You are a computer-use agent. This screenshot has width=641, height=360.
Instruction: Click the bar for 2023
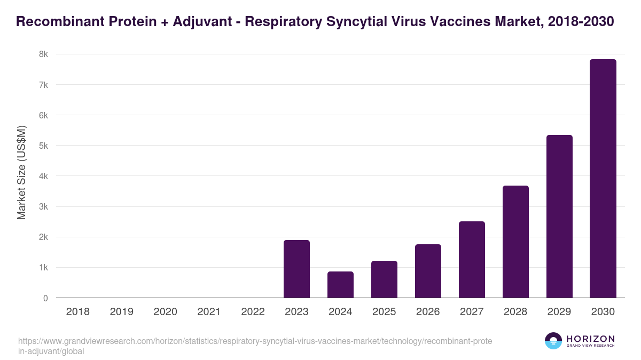pos(296,269)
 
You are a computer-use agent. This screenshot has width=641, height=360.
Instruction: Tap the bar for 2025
pos(384,279)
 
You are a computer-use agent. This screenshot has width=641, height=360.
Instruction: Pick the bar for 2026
pos(428,271)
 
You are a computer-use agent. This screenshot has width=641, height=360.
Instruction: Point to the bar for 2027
pos(472,259)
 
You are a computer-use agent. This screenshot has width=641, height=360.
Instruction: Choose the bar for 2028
pos(515,242)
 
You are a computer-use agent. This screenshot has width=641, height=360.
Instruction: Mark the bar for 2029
pos(559,216)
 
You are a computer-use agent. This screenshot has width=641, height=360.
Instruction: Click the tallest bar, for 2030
pos(603,178)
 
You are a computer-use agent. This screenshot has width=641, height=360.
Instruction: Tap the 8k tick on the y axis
pos(43,54)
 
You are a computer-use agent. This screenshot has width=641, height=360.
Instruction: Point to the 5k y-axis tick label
pos(43,146)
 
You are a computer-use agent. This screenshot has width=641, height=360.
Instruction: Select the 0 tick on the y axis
pos(45,298)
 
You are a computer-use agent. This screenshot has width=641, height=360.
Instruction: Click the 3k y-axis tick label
pos(43,206)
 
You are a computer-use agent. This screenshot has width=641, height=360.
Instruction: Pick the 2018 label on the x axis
pos(77,312)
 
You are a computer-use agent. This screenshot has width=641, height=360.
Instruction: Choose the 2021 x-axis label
pos(209,312)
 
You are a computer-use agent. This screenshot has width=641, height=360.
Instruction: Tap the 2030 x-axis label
pos(603,312)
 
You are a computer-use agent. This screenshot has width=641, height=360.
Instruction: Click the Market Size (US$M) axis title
pos(21,172)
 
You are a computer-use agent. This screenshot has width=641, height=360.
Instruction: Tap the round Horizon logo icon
pos(553,341)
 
